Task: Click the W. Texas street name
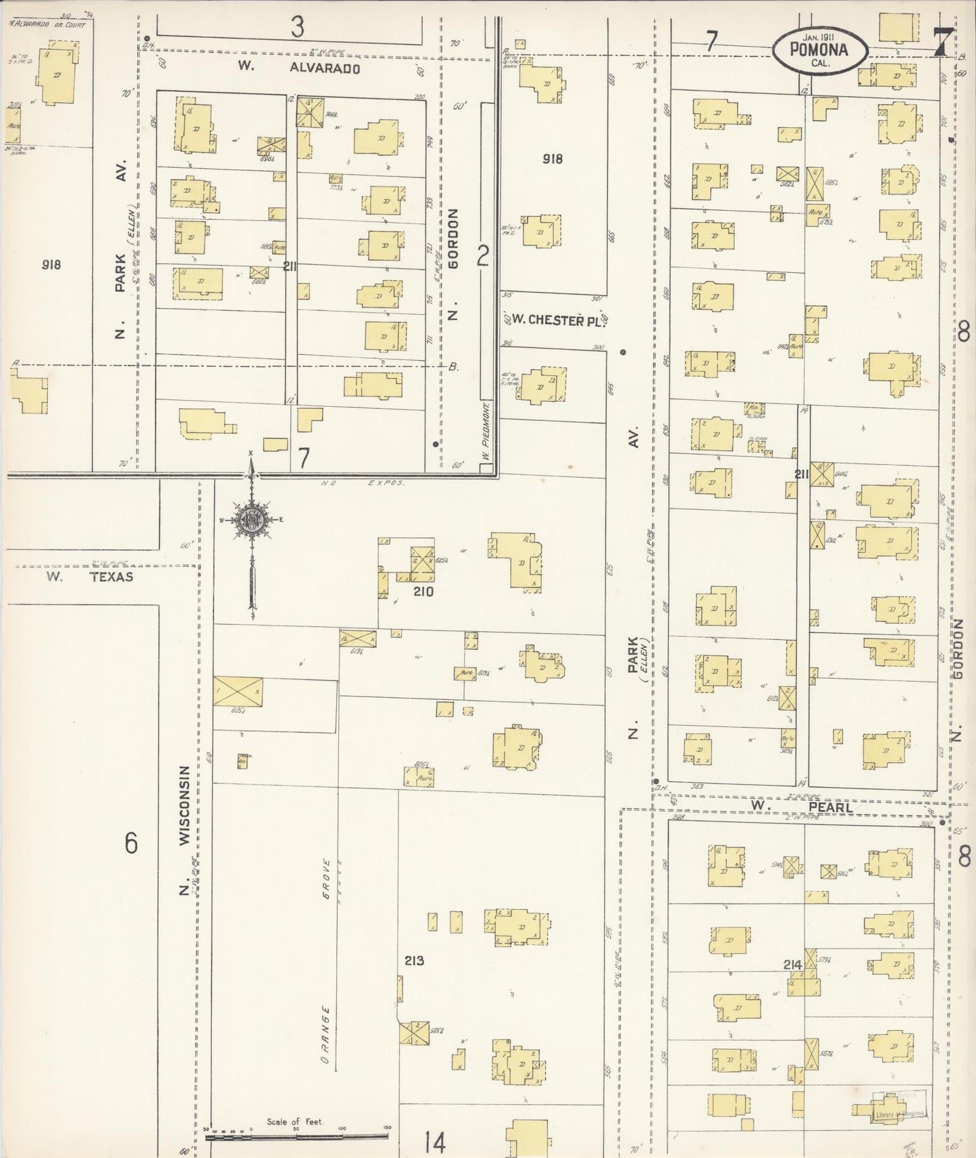click(x=90, y=577)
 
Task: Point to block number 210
click(x=423, y=592)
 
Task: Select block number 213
click(x=414, y=960)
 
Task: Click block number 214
click(x=793, y=965)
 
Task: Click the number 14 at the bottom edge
click(x=436, y=1143)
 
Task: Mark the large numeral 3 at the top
click(x=297, y=27)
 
